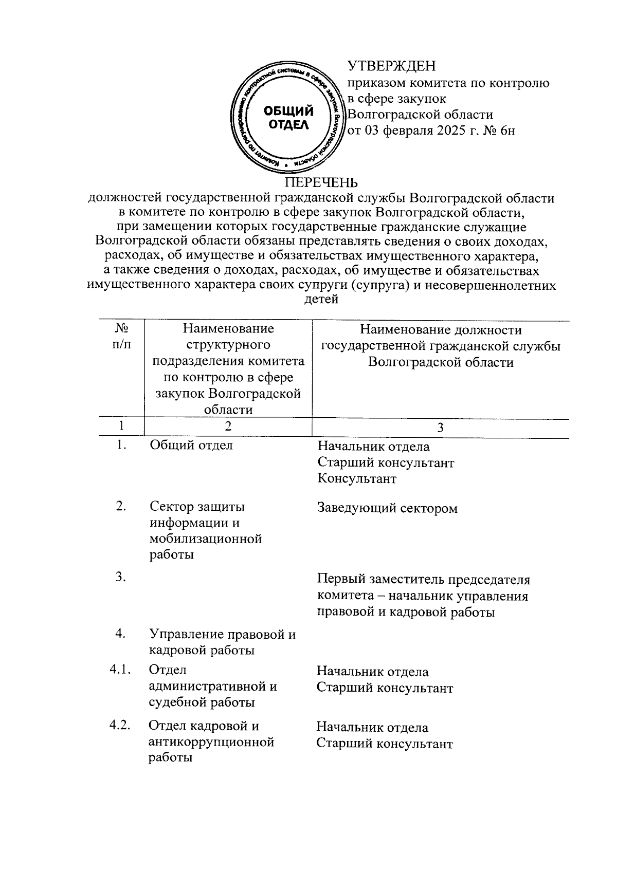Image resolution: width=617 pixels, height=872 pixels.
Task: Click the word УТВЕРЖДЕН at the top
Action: tap(392, 66)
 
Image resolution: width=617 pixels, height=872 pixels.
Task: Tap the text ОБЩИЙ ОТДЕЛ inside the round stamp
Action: tap(288, 118)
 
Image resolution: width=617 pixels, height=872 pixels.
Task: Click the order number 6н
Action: tap(507, 131)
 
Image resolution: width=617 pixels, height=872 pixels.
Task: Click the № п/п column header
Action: tap(121, 337)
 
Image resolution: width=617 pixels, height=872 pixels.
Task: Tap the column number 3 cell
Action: tap(440, 428)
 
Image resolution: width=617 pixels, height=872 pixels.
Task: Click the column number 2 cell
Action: tap(228, 426)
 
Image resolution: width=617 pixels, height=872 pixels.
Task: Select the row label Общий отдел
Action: tap(191, 446)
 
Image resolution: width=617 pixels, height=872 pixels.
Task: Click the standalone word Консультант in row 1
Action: tap(357, 478)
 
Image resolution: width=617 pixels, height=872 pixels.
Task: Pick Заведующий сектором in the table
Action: tap(387, 508)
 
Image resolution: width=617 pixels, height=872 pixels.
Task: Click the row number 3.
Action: tap(121, 577)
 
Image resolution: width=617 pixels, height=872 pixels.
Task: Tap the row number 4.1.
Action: tap(122, 670)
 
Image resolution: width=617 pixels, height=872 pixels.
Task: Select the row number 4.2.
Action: tap(122, 726)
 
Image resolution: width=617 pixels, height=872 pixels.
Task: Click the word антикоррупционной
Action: tap(211, 742)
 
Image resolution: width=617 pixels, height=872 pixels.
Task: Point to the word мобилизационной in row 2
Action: tap(206, 539)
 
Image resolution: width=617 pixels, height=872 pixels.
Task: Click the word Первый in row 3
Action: tap(340, 580)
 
